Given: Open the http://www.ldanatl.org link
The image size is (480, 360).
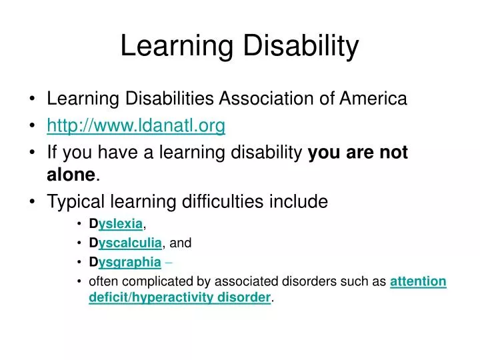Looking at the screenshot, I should pos(136,125).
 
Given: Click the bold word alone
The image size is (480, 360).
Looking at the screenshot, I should pos(71,175).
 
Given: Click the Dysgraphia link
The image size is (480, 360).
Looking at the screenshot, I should pos(125,262).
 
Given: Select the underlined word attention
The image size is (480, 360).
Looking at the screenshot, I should pos(418,281).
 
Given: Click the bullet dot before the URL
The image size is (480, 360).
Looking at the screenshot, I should pos(34,126).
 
